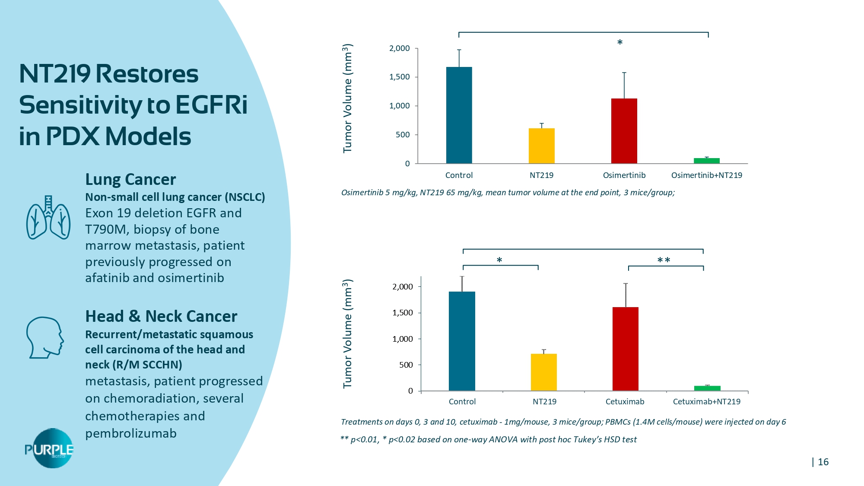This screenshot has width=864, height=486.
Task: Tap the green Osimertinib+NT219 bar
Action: tap(706, 161)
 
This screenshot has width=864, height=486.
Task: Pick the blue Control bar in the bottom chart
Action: tap(462, 341)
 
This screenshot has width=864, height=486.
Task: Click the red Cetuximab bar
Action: tap(625, 349)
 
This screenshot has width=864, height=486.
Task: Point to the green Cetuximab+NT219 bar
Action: tap(707, 388)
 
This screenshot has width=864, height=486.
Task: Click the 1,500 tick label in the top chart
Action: tap(399, 77)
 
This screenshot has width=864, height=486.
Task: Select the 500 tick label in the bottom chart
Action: tap(406, 365)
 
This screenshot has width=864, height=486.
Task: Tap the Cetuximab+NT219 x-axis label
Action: tap(706, 401)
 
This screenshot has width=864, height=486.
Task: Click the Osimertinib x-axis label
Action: tap(624, 175)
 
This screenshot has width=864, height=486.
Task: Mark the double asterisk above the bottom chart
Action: tap(664, 260)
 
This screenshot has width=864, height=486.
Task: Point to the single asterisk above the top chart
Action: tap(619, 43)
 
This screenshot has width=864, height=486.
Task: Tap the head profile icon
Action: tap(45, 337)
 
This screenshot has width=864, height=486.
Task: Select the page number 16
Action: tap(823, 462)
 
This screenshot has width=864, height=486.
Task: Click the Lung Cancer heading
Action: tap(130, 179)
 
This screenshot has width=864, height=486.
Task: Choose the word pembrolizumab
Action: tap(130, 433)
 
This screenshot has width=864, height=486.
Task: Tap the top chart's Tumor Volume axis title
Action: tap(347, 98)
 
